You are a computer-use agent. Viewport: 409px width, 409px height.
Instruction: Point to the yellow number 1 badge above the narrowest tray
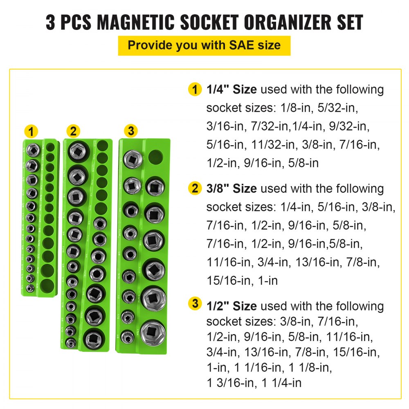[x=31, y=132]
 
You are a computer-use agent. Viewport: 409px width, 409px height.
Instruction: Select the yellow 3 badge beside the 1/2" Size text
[x=195, y=304]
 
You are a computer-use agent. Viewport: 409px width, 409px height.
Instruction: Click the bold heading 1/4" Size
[x=231, y=90]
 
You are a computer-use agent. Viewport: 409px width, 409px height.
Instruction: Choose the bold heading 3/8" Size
[x=231, y=189]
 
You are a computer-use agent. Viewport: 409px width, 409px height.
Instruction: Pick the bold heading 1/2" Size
[x=231, y=306]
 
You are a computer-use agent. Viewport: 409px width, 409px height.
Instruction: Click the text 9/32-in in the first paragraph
[x=348, y=126]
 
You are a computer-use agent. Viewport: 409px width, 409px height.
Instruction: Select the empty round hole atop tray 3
[x=155, y=156]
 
